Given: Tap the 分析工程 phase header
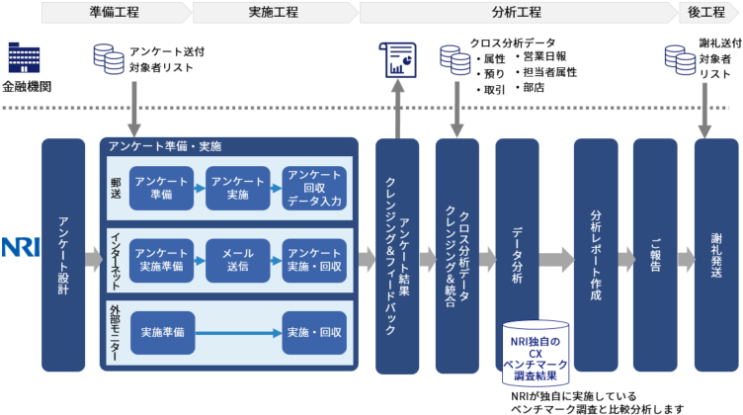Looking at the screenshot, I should click(516, 12).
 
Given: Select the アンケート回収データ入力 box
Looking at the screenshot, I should click(314, 189).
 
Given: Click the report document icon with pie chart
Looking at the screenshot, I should click(398, 61).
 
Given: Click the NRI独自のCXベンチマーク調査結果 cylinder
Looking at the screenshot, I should click(536, 354).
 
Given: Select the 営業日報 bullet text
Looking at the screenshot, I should click(544, 56).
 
